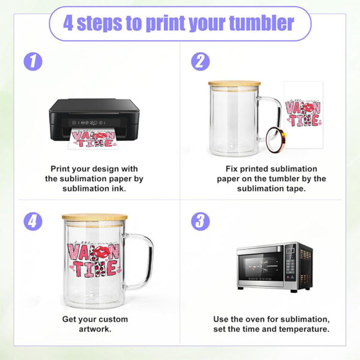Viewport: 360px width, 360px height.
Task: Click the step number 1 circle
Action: pyautogui.click(x=33, y=62)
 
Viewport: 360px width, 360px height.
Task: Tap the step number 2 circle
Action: pyautogui.click(x=200, y=62)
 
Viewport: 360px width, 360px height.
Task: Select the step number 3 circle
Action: pyautogui.click(x=200, y=221)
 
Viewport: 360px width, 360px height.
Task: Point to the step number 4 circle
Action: pyautogui.click(x=33, y=221)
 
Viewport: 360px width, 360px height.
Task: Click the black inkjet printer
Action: pyautogui.click(x=94, y=118)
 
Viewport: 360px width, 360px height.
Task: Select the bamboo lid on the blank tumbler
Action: pyautogui.click(x=234, y=84)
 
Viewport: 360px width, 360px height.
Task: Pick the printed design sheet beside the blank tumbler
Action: pyautogui.click(x=303, y=111)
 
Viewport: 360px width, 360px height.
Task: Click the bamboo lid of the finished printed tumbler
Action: pyautogui.click(x=94, y=217)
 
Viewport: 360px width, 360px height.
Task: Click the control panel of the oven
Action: pyautogui.click(x=289, y=266)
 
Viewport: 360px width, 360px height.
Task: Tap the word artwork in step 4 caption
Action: pyautogui.click(x=95, y=329)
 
